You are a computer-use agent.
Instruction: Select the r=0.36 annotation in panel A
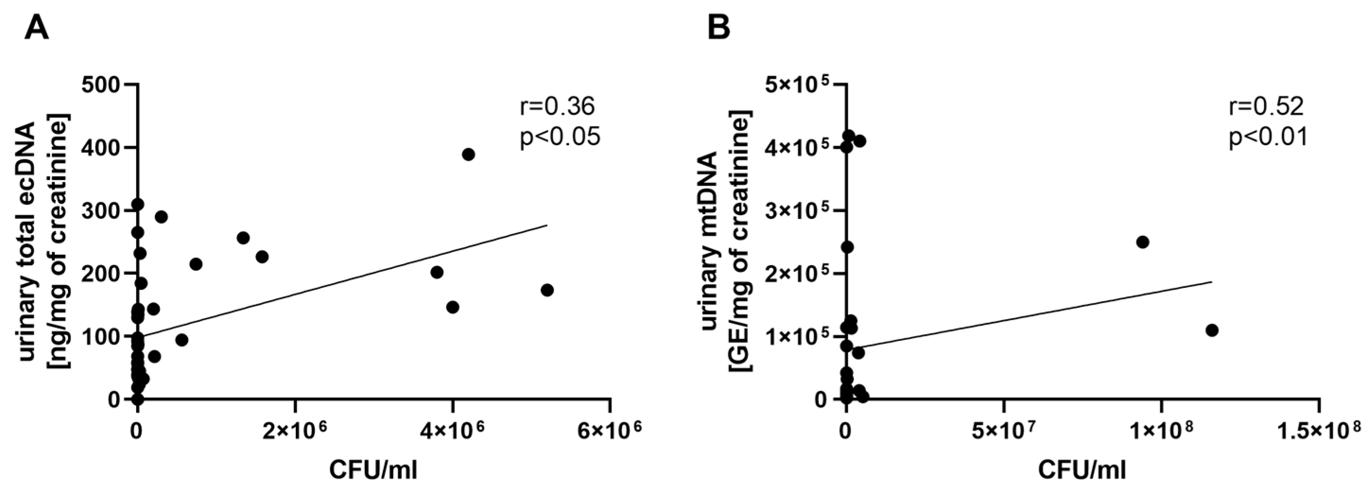coord(556,107)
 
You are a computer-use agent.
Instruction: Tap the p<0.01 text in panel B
coord(1267,138)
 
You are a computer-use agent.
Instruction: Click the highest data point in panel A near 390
coord(468,155)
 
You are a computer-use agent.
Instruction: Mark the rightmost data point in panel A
coord(547,290)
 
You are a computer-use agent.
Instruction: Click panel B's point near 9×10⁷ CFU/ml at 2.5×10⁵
coord(1142,242)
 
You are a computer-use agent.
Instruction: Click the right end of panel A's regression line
coord(546,225)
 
